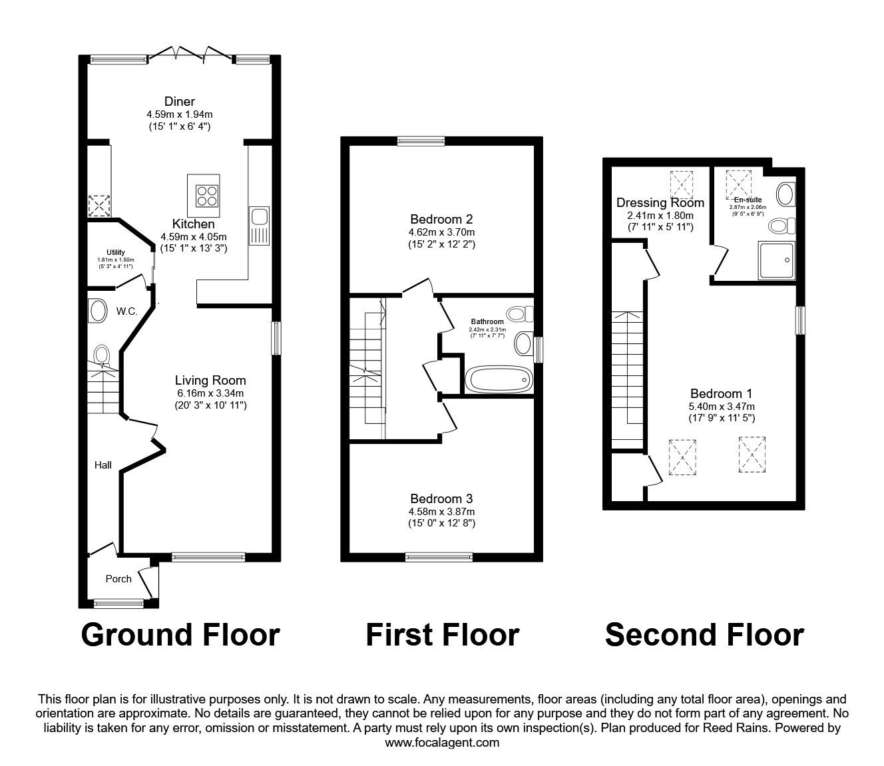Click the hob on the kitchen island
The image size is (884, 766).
tap(206, 193)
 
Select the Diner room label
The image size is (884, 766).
tap(180, 101)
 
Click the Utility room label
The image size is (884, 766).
tap(115, 252)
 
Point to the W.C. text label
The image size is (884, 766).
tap(126, 311)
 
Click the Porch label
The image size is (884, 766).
tap(118, 578)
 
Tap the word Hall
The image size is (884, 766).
tap(103, 465)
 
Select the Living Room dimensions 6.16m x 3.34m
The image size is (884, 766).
tap(210, 393)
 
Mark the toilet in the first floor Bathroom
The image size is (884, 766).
tap(517, 313)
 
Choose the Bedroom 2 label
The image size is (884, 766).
tap(441, 219)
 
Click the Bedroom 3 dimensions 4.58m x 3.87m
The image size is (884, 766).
tap(441, 511)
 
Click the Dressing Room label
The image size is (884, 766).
tap(660, 202)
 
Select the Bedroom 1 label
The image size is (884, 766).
tap(721, 393)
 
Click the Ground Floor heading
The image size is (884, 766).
tap(180, 635)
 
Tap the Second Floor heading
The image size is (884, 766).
tap(704, 635)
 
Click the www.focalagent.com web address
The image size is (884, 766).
tap(442, 742)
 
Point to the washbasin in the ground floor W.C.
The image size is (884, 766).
tap(98, 311)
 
